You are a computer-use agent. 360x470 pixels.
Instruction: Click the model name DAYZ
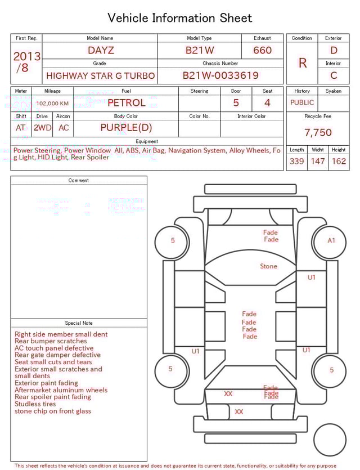[101, 50]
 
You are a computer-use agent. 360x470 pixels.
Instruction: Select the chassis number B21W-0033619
[220, 75]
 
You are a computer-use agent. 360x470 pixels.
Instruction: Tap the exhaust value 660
[262, 50]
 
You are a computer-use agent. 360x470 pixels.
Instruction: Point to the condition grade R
[302, 62]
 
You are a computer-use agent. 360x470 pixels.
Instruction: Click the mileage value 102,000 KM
[52, 103]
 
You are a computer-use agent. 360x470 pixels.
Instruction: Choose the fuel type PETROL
[126, 102]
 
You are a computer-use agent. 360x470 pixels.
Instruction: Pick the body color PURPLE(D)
[126, 127]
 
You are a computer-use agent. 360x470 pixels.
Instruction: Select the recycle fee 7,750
[318, 132]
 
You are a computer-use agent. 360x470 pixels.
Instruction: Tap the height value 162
[339, 161]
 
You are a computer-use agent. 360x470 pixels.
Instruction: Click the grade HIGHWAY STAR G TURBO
[101, 75]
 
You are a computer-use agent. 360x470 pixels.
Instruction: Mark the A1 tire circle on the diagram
[331, 240]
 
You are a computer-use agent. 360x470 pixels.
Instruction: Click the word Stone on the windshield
[268, 266]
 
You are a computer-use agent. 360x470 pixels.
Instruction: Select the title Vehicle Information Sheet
[180, 18]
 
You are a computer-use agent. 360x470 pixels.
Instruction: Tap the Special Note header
[79, 323]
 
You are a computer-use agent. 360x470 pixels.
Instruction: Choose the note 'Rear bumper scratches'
[51, 341]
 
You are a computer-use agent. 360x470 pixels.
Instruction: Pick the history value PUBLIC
[302, 102]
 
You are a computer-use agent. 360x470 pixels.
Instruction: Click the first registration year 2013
[26, 56]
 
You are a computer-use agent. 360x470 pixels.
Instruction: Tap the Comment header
[79, 181]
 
